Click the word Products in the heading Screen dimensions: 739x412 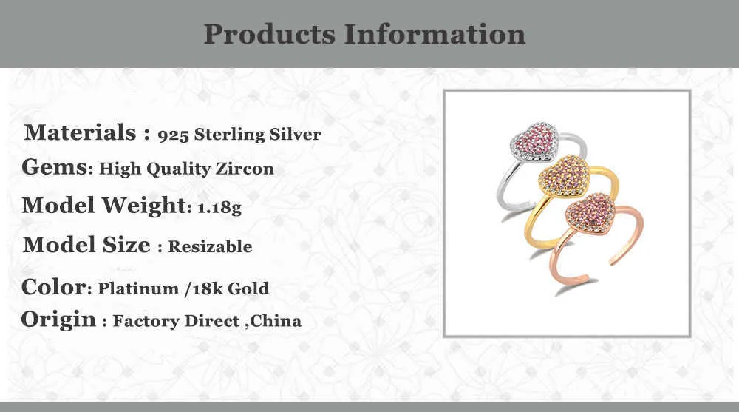[270, 35]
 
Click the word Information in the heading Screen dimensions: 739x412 [434, 35]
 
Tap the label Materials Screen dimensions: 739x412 [80, 132]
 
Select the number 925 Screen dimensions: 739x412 [173, 135]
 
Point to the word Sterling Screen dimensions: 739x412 [230, 135]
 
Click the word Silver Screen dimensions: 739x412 [295, 135]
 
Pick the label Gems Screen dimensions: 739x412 [54, 167]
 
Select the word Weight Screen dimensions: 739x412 [144, 206]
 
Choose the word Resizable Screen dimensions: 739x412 [210, 246]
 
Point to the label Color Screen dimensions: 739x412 [54, 287]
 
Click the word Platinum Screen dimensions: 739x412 [138, 288]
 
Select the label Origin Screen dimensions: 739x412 [58, 320]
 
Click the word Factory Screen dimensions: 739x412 [146, 321]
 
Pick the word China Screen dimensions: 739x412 [275, 321]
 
